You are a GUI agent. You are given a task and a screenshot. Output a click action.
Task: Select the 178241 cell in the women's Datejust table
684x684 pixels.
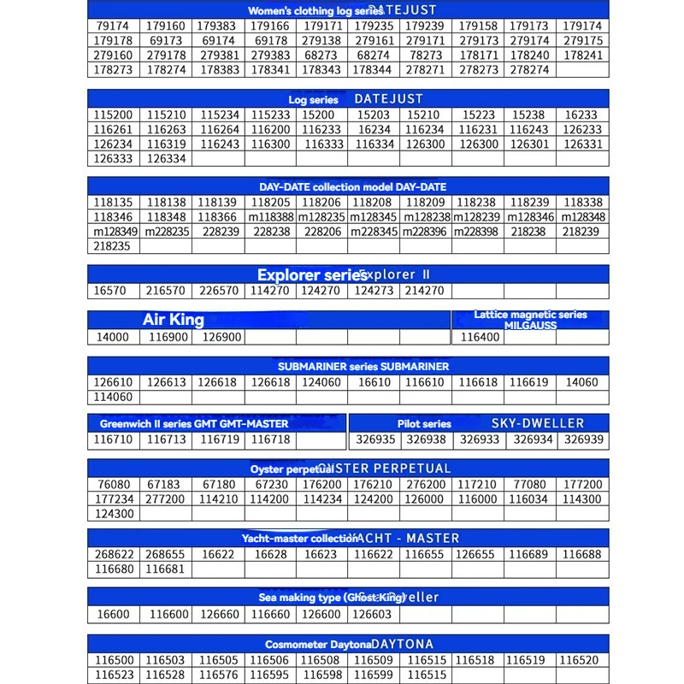coord(584,56)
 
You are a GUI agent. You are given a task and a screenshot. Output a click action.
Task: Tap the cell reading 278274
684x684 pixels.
coord(529,70)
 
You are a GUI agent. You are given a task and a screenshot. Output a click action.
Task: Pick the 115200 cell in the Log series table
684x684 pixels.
coord(113,115)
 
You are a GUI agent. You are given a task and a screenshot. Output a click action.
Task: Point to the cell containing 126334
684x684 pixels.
coord(166,158)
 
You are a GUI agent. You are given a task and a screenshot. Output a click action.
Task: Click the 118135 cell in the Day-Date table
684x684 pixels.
coord(113,203)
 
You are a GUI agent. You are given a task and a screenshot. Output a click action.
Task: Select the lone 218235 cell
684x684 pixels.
coord(113,246)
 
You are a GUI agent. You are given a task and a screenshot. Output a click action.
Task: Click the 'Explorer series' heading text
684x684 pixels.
coord(313,275)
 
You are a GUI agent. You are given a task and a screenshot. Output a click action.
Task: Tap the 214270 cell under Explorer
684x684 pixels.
coord(424,291)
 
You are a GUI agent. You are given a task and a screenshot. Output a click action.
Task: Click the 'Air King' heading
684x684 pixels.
coord(174,320)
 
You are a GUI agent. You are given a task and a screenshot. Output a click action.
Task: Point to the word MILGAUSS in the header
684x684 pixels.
coord(530,326)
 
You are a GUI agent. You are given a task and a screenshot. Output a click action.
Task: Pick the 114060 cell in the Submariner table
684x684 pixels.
coord(113,397)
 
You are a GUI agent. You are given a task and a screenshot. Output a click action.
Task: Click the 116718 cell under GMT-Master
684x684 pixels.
coord(270,439)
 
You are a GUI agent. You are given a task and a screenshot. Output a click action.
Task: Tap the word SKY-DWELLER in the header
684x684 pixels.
coord(538,423)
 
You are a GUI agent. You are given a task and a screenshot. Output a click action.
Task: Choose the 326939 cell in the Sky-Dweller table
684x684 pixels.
coord(584,439)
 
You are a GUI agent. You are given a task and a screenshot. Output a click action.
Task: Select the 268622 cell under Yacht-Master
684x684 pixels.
coord(113,554)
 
